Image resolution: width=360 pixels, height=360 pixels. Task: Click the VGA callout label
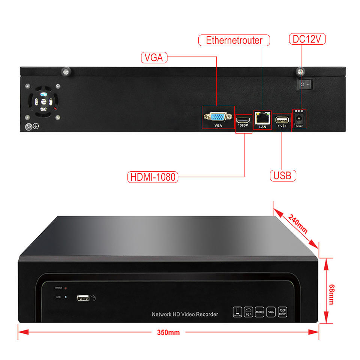tap(154, 58)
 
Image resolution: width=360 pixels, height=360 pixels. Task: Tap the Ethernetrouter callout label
tap(234, 40)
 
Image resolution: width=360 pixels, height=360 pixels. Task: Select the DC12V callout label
tap(307, 39)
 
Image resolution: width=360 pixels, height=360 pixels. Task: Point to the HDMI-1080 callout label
tap(153, 177)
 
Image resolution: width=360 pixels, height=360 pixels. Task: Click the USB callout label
tap(283, 175)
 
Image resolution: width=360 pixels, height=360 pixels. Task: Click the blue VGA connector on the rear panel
tap(218, 117)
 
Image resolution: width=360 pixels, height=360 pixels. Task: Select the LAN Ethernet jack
tap(262, 118)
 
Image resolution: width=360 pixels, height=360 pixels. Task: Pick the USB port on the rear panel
tap(282, 120)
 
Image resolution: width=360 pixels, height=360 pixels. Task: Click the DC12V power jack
tap(299, 119)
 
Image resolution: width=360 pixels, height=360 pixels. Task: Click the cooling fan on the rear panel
tap(43, 101)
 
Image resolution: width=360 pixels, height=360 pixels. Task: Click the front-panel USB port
tap(83, 298)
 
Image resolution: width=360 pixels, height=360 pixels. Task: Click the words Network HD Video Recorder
tap(184, 314)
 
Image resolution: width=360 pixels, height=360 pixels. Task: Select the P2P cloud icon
tap(249, 312)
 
